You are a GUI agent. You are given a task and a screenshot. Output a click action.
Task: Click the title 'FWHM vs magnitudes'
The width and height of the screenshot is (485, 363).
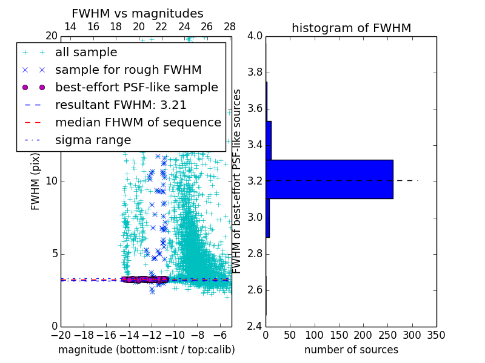pyautogui.click(x=138, y=13)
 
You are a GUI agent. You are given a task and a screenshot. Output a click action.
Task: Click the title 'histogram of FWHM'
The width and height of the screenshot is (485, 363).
pyautogui.click(x=351, y=28)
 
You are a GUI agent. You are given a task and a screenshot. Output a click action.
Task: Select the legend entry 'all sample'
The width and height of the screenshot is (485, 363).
pyautogui.click(x=86, y=53)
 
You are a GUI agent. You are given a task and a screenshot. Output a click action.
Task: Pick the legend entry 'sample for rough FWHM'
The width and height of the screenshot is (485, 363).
pyautogui.click(x=129, y=70)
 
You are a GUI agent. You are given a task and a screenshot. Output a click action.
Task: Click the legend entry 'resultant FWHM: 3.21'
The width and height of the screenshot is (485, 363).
pyautogui.click(x=121, y=105)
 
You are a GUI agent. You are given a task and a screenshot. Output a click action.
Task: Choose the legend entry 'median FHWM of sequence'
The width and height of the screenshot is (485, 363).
pyautogui.click(x=138, y=123)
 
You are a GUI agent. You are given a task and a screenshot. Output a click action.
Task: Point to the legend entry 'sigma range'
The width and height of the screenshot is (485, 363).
pyautogui.click(x=93, y=140)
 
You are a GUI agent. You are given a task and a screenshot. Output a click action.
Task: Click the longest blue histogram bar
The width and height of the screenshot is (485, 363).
pyautogui.click(x=329, y=179)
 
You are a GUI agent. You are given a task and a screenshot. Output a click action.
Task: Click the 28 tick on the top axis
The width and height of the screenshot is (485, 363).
pyautogui.click(x=230, y=27)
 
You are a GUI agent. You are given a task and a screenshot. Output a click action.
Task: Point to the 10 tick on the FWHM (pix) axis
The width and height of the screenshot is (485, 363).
pyautogui.click(x=51, y=181)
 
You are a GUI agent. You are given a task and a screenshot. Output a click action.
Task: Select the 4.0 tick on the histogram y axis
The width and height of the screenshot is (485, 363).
pyautogui.click(x=255, y=36)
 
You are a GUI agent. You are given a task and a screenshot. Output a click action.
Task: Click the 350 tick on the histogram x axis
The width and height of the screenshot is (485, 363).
pyautogui.click(x=436, y=335)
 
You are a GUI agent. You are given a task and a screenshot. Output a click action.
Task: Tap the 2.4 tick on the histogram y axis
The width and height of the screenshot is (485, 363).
pyautogui.click(x=255, y=327)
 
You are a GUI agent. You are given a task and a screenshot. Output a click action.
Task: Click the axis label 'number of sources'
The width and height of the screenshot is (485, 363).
pyautogui.click(x=351, y=350)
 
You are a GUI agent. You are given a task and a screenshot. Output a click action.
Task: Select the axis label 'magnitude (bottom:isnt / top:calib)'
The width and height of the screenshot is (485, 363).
pyautogui.click(x=146, y=350)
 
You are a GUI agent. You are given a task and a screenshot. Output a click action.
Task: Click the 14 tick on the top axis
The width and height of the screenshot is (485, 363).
pyautogui.click(x=70, y=27)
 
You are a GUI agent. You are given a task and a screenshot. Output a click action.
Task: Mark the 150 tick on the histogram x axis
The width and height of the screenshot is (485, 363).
pyautogui.click(x=339, y=335)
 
